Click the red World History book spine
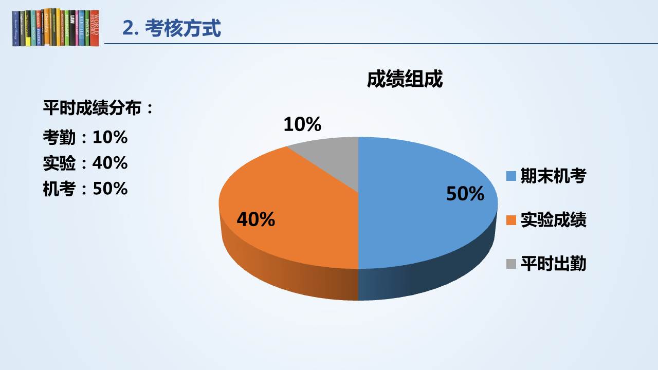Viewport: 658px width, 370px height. click(x=94, y=28)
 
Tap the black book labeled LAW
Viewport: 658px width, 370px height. click(x=72, y=28)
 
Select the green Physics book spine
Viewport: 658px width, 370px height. click(x=87, y=28)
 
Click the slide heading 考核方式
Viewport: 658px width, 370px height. click(x=182, y=28)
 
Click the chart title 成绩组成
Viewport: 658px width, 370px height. click(x=405, y=79)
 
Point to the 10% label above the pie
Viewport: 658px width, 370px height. click(x=302, y=124)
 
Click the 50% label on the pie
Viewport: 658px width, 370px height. click(x=465, y=194)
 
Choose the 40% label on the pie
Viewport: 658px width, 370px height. click(x=256, y=219)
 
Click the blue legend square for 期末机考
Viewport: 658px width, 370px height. click(x=511, y=176)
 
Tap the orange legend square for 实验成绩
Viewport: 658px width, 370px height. click(x=511, y=220)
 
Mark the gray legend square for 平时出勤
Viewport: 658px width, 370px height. click(x=511, y=264)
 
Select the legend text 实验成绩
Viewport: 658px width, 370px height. click(x=554, y=219)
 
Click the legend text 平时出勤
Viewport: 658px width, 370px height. click(x=554, y=264)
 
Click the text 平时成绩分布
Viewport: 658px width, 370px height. click(x=92, y=108)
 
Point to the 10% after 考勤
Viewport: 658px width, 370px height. click(x=110, y=137)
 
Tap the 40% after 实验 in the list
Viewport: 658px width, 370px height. click(x=110, y=163)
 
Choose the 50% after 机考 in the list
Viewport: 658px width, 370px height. click(x=110, y=189)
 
